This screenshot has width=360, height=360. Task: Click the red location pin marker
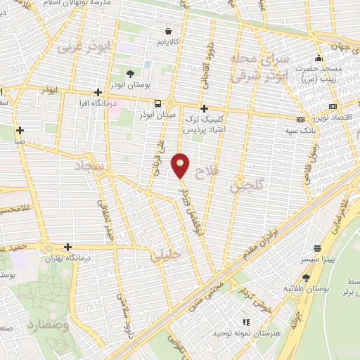[x=181, y=165]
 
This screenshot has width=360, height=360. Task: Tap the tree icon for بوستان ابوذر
[x=130, y=73]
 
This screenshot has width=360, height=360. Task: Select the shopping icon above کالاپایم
[x=167, y=32]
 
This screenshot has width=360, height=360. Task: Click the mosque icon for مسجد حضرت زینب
[x=319, y=58]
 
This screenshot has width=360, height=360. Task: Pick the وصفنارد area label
[x=49, y=326]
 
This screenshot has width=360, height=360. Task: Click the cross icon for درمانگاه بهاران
[x=67, y=247]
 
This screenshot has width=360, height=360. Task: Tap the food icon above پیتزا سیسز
[x=318, y=248]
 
